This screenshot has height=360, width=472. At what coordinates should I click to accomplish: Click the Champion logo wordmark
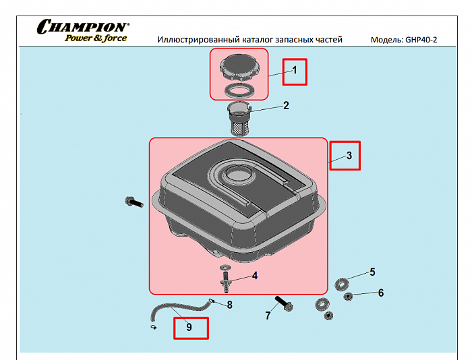83,26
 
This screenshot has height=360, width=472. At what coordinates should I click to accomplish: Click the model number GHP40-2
421,40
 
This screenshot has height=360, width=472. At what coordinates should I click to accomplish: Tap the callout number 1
295,70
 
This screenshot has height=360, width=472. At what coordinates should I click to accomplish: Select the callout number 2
286,105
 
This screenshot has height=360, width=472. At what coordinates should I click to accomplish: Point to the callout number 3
349,156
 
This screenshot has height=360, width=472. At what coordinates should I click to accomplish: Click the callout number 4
255,276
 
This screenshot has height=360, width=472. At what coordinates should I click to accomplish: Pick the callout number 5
372,272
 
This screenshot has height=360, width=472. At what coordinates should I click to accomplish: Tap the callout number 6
381,293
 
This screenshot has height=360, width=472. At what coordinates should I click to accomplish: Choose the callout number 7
268,316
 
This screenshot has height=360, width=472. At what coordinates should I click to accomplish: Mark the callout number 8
230,305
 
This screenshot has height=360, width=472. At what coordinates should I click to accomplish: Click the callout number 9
189,327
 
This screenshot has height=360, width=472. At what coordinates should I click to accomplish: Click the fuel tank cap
239,67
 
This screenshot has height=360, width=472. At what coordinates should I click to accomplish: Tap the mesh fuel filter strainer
239,119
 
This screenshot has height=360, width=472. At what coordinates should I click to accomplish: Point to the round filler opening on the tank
238,175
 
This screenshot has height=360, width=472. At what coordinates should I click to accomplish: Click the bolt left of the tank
134,202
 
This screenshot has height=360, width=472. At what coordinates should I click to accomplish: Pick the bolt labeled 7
284,304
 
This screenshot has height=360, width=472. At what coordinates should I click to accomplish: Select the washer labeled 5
342,284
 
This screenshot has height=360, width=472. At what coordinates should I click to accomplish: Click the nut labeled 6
348,297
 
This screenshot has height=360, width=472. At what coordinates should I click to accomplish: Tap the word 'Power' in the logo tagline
78,38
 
